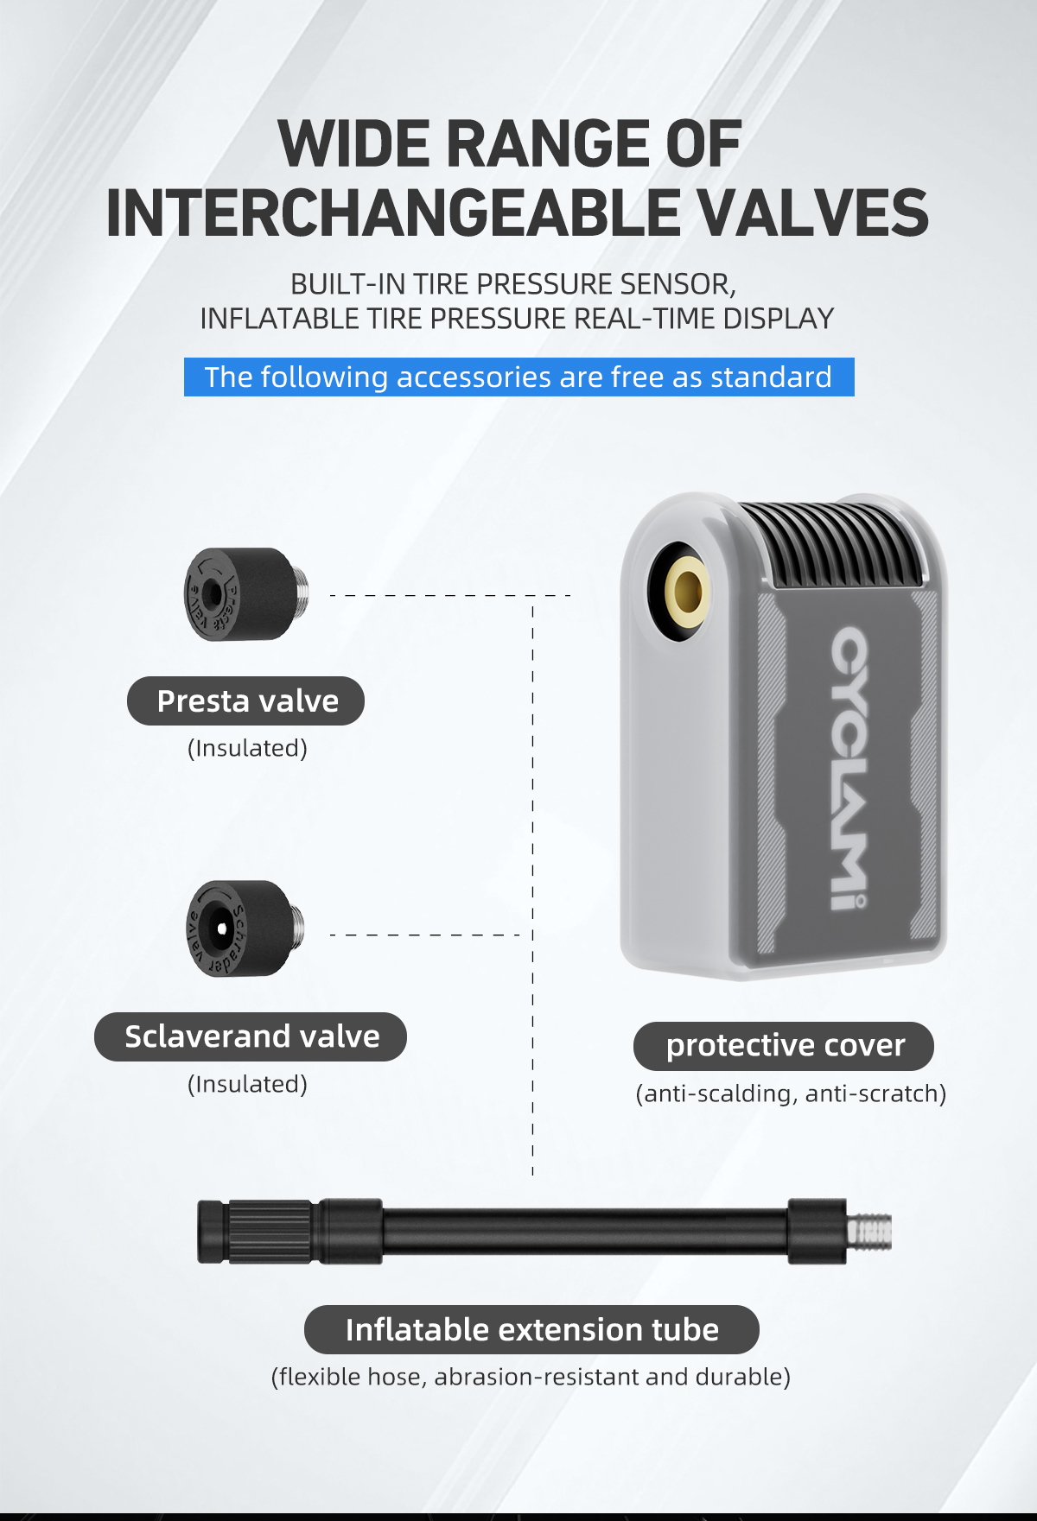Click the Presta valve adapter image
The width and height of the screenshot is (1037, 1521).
[x=246, y=594]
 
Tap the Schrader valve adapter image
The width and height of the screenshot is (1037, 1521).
[x=245, y=928]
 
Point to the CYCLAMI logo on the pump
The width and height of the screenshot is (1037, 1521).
[x=849, y=768]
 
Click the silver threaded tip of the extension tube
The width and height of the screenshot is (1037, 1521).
[x=869, y=1232]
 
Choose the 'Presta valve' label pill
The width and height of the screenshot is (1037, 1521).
[x=246, y=700]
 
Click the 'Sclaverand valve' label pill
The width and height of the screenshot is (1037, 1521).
[x=251, y=1036]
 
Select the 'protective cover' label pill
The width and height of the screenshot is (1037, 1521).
[x=784, y=1046]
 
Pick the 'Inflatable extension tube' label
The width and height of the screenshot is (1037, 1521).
[x=531, y=1329]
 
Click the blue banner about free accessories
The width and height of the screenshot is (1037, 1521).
[x=519, y=377]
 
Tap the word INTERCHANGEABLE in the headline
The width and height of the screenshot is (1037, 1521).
[x=393, y=213]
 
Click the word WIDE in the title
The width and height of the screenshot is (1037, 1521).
[x=354, y=143]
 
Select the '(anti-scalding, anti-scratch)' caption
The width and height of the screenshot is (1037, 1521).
[x=791, y=1093]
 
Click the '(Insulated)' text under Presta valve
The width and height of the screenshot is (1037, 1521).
[x=247, y=748]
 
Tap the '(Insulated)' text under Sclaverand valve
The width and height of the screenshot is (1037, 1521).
[x=247, y=1084]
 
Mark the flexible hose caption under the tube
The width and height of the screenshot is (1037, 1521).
[x=531, y=1377]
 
